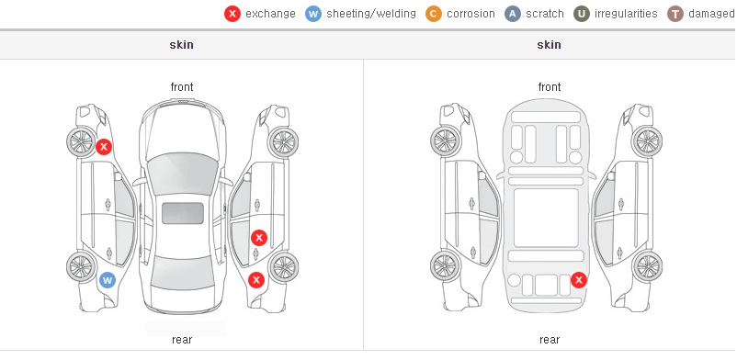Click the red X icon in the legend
coord(232,14)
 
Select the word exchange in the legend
coord(270,14)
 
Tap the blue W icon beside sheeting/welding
coord(313,14)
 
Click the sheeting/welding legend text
coord(371,14)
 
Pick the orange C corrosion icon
coord(434,14)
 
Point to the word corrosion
coord(471,14)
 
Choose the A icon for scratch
coord(513,14)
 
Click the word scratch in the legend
coord(545,14)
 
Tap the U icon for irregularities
coord(582,14)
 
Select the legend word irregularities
coord(626,14)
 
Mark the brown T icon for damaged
coord(675,14)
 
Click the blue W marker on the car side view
coord(108,281)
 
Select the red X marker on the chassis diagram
coord(579,280)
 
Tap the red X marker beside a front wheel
coord(104,147)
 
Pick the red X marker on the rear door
coord(259,238)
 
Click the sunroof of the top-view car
coord(182,213)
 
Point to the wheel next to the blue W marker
coord(81,266)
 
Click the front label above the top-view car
coord(182,87)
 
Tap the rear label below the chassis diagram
coord(550,340)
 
